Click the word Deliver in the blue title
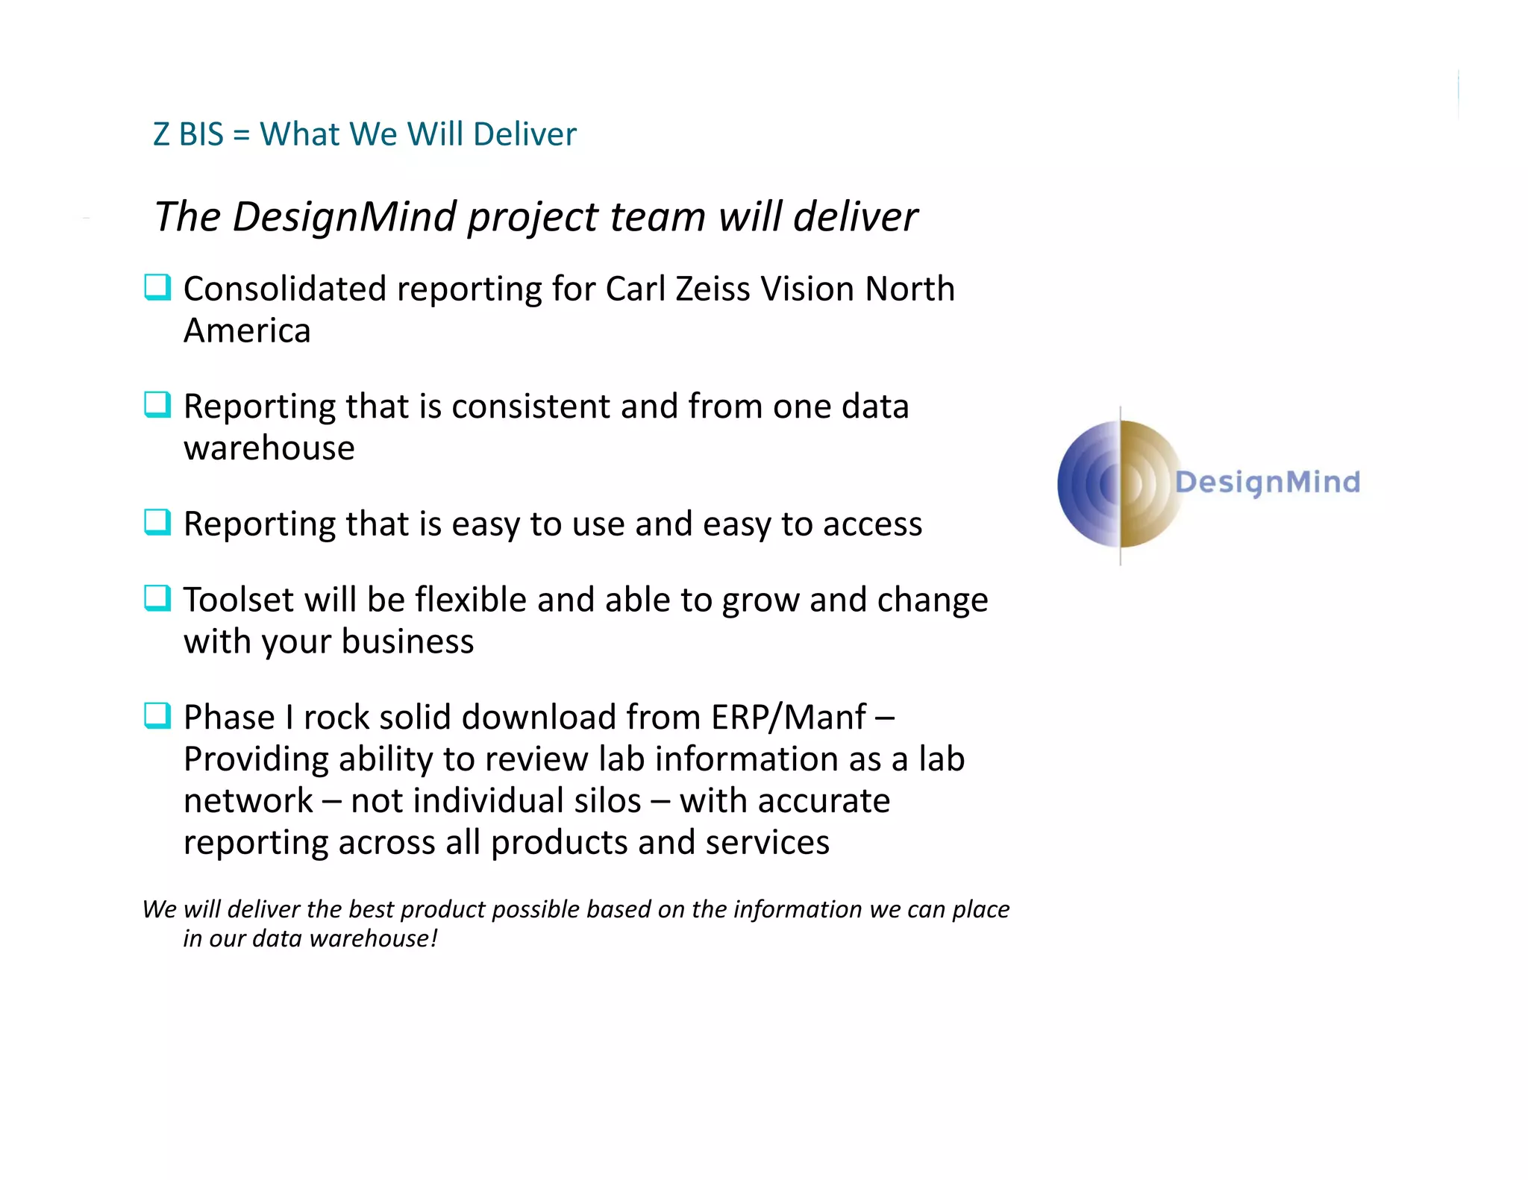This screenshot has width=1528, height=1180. pyautogui.click(x=525, y=134)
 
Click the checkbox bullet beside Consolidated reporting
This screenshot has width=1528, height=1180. pyautogui.click(x=157, y=287)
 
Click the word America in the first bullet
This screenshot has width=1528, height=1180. pyautogui.click(x=247, y=330)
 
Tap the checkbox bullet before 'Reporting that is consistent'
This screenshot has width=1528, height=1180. pyautogui.click(x=157, y=405)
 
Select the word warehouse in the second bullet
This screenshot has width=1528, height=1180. pyautogui.click(x=269, y=448)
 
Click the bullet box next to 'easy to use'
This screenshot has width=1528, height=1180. pyautogui.click(x=157, y=522)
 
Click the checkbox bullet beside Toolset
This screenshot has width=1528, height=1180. pyautogui.click(x=157, y=597)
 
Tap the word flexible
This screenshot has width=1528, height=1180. pyautogui.click(x=471, y=600)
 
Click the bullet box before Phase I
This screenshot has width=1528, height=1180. pyautogui.click(x=157, y=715)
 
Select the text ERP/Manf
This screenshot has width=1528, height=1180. pyautogui.click(x=789, y=718)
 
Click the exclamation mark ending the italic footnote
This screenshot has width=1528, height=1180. pyautogui.click(x=433, y=938)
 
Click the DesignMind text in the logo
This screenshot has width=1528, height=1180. pyautogui.click(x=1267, y=482)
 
